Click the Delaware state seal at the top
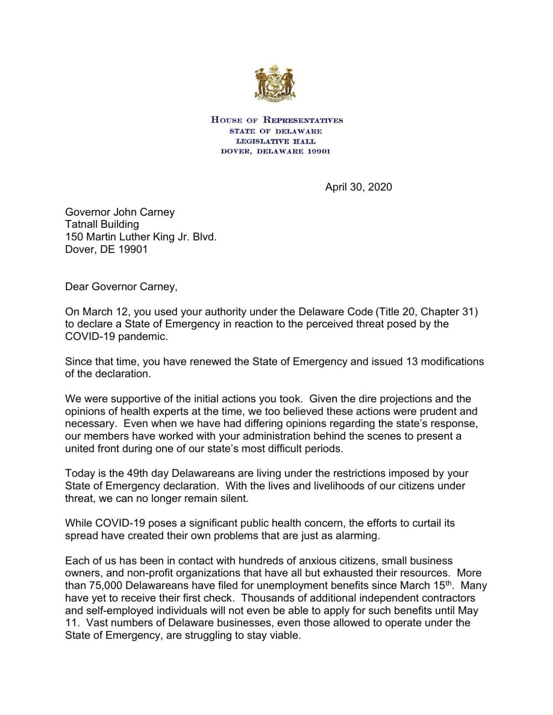pos(275,83)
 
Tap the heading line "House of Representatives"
pos(277,120)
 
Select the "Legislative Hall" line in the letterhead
pos(275,141)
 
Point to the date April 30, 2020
pos(358,187)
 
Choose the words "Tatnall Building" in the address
pos(102,224)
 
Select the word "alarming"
pos(359,536)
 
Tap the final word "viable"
pos(285,635)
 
